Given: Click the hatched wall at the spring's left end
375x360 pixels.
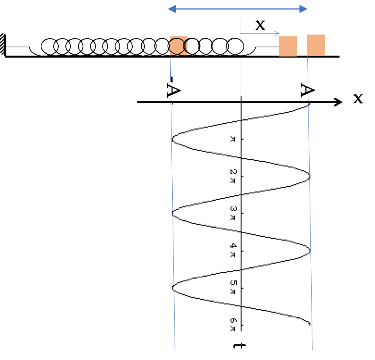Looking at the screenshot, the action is [2, 44].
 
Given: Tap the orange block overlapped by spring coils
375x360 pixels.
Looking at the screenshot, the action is [178, 46].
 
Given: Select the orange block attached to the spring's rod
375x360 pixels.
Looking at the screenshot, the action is [288, 46].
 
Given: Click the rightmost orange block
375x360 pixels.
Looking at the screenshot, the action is [316, 45].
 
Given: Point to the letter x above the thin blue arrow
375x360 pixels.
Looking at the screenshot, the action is [260, 25].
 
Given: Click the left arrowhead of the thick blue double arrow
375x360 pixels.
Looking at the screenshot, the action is [172, 9].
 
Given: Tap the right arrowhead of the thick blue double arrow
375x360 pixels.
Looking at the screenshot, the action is [303, 9].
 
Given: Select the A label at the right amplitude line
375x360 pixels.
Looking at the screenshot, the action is [308, 90].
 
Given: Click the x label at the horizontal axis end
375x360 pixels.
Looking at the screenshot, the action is [358, 99].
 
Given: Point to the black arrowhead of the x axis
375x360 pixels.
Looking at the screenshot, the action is [339, 102].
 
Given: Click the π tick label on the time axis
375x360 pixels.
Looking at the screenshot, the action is [233, 139].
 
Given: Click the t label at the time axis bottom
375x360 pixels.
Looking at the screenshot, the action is [240, 346].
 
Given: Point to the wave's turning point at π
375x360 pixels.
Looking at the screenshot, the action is [172, 139].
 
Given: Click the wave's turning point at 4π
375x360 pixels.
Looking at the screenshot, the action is [310, 251].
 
